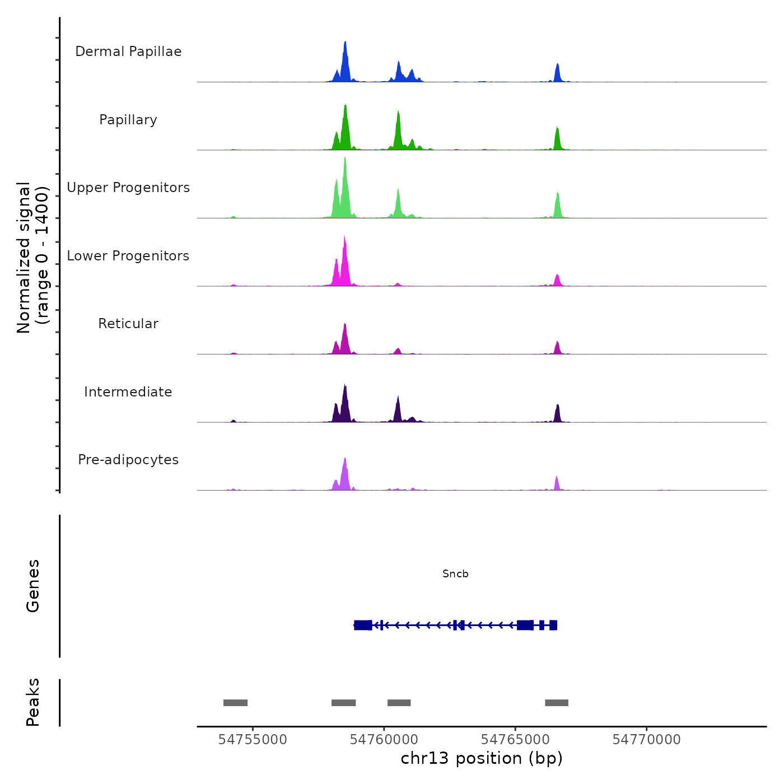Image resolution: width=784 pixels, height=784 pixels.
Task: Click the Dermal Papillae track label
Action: (128, 52)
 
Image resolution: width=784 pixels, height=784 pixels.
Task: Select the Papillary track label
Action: (128, 120)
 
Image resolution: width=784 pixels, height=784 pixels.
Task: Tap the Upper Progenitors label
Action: (128, 188)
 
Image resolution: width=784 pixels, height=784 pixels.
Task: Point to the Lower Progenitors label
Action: (128, 256)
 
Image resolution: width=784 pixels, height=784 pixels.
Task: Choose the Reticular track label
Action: (128, 324)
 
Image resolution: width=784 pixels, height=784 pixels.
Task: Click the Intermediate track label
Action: (128, 392)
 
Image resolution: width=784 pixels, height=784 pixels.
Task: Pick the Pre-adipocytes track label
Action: (128, 460)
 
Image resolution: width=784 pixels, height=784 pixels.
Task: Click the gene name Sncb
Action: (455, 574)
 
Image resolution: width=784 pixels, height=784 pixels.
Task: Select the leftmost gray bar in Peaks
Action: (235, 703)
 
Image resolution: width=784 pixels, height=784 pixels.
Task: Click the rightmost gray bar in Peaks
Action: (557, 703)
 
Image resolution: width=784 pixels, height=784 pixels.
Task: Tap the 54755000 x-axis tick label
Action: (253, 740)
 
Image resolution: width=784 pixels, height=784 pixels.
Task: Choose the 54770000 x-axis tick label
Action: (646, 740)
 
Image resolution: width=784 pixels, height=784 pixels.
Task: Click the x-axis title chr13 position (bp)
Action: (482, 758)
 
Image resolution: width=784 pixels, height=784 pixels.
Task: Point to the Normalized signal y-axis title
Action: (32, 258)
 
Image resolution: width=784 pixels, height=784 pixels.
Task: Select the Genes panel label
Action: (33, 586)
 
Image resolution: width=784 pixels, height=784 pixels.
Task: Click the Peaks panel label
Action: (33, 702)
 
